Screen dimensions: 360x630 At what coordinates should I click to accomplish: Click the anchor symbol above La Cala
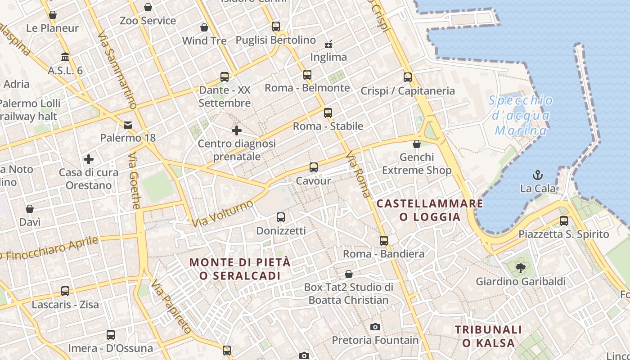[537, 175]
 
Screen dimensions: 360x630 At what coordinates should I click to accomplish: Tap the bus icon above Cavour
[314, 167]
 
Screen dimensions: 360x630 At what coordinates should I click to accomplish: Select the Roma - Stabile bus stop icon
[328, 112]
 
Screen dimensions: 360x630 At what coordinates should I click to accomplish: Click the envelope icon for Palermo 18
[128, 125]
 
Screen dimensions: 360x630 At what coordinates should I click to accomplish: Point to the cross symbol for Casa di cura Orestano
[89, 159]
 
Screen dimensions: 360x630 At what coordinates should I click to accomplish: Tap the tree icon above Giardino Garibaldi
[521, 269]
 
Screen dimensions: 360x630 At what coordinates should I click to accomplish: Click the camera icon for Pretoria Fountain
[375, 327]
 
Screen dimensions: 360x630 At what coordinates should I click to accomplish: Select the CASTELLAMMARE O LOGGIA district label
[430, 210]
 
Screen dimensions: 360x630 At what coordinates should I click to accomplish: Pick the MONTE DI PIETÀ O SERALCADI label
[240, 269]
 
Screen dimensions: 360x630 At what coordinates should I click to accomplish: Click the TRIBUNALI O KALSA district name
[488, 336]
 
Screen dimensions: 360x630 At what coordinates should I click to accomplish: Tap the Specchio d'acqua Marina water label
[521, 116]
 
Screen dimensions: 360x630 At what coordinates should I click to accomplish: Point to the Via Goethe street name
[135, 182]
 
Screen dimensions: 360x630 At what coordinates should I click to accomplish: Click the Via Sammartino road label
[117, 70]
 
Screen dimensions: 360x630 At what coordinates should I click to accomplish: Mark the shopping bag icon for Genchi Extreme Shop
[417, 144]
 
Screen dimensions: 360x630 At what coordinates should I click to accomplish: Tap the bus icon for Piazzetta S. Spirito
[564, 220]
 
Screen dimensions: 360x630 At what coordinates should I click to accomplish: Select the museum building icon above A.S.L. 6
[65, 57]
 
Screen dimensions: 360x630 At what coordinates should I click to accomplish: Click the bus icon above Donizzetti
[281, 217]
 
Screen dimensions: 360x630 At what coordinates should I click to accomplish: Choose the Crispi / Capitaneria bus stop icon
[408, 77]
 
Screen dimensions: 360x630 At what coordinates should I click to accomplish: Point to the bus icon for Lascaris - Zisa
[65, 291]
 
